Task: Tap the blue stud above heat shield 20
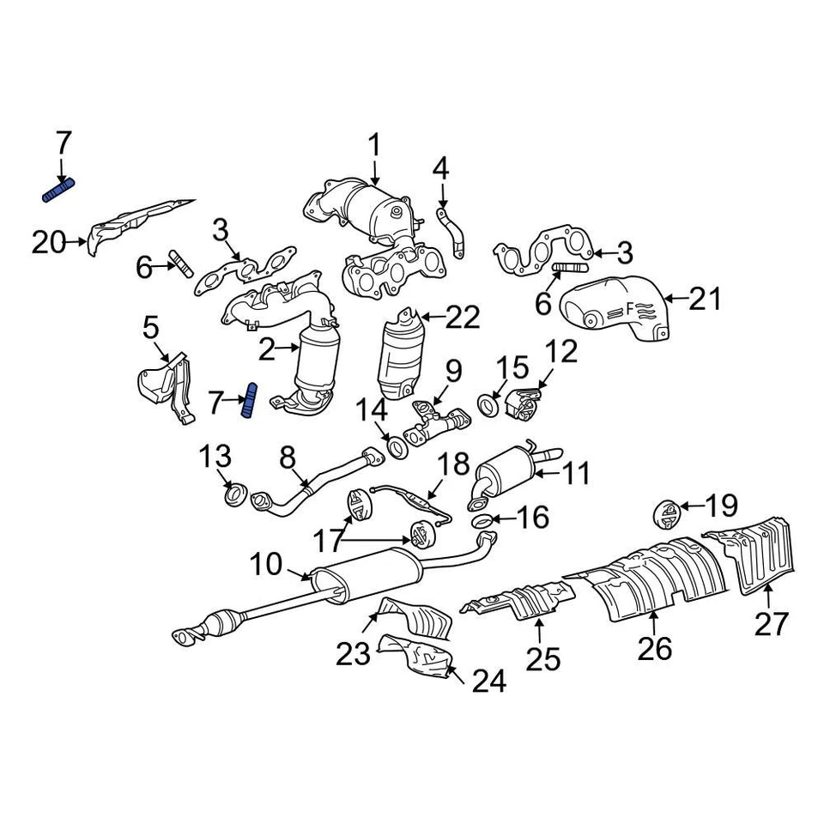point(59,191)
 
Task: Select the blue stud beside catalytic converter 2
point(250,401)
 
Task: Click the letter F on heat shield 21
point(629,306)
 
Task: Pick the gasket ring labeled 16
point(482,522)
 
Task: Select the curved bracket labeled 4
point(451,231)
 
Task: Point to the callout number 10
point(266,565)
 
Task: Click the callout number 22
point(462,318)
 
